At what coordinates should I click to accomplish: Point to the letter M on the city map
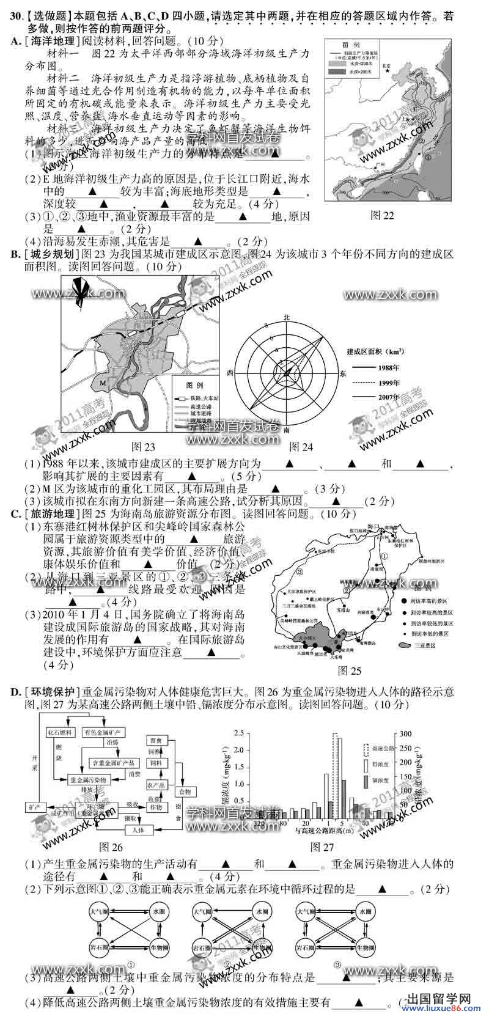coord(103,383)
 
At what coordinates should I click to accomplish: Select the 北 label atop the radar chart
coord(287,317)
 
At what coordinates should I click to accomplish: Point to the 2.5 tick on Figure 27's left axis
coord(240,733)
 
